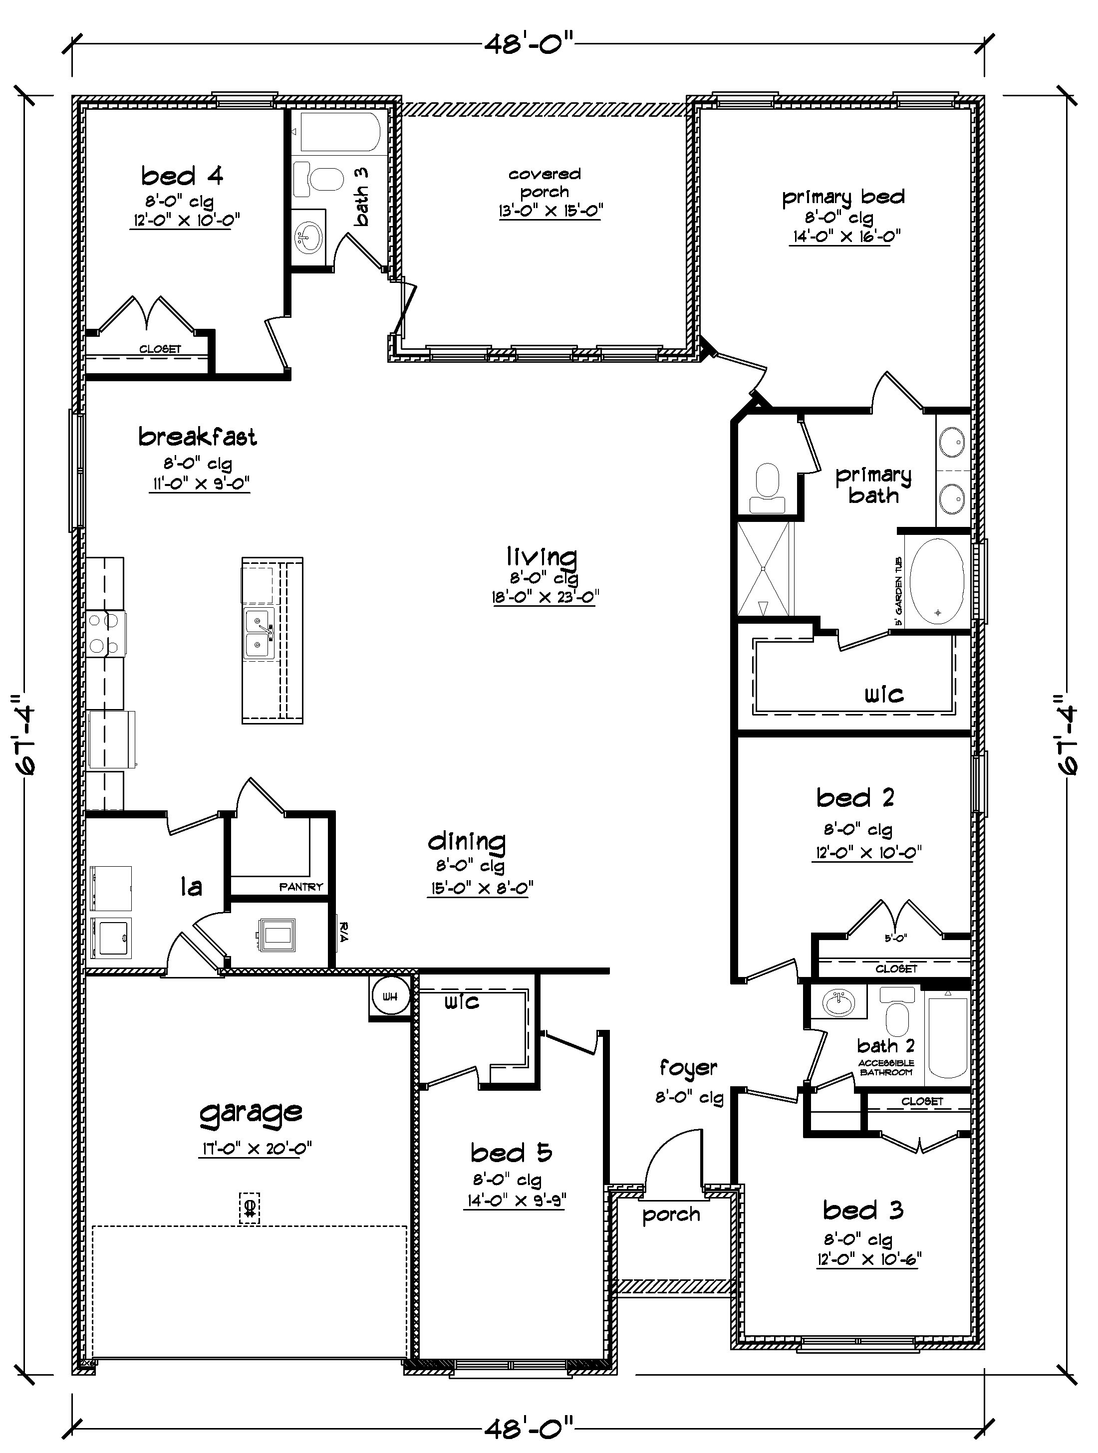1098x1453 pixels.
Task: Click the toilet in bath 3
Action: [x=319, y=179]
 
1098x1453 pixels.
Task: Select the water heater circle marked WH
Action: [x=390, y=996]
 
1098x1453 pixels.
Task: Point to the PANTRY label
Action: [x=301, y=887]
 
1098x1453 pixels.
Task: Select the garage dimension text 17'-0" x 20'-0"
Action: [x=255, y=1148]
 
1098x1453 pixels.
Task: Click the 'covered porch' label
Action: [x=544, y=183]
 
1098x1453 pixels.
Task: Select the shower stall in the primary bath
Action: [x=764, y=568]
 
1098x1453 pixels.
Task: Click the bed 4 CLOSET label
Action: [x=160, y=349]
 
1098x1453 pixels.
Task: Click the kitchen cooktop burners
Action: [x=105, y=633]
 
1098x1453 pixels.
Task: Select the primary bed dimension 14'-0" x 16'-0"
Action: [x=844, y=236]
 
